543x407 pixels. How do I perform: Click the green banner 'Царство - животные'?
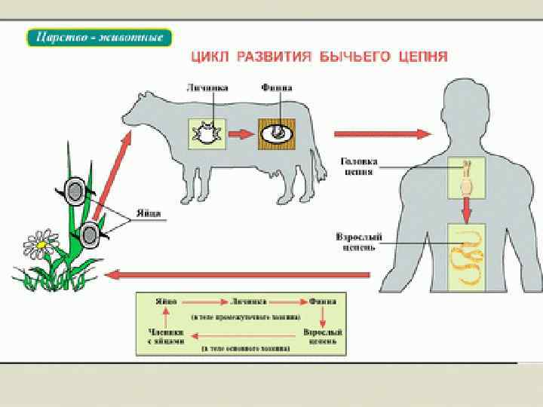tap(100, 37)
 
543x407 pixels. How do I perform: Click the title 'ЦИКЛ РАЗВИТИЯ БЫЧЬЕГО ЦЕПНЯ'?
tap(318, 57)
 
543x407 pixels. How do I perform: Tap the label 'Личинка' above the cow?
tap(205, 88)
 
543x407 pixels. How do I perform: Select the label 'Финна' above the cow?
tap(277, 88)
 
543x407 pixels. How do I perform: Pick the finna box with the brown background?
tap(277, 134)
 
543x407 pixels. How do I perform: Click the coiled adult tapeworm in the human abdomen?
tap(468, 258)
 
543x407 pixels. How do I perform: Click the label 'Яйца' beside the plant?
tap(149, 213)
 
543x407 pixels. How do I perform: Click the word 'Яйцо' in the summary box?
tap(166, 301)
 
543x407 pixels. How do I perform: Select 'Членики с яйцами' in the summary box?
tap(161, 335)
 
